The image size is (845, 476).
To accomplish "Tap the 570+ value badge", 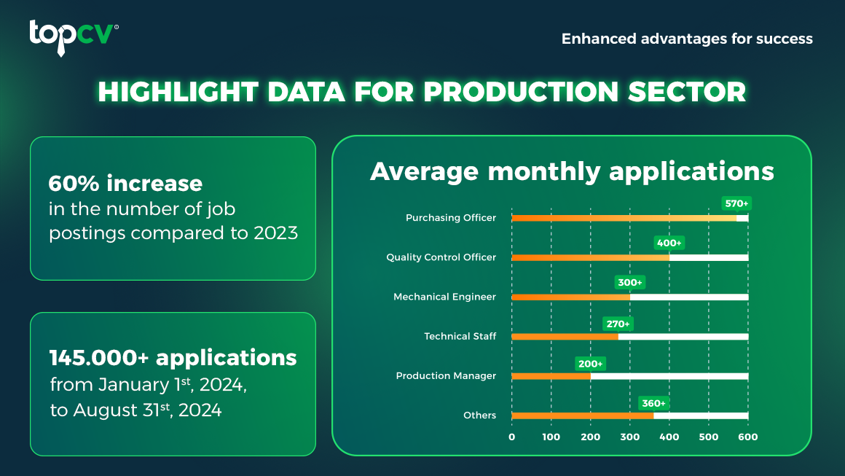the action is point(736,203).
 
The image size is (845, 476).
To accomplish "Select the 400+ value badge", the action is point(669,243).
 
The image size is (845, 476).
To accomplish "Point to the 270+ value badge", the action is point(618,324).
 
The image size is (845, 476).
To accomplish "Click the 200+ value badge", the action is point(591,364).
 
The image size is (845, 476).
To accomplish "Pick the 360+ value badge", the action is point(653,403).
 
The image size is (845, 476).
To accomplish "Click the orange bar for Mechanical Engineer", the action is point(570,297).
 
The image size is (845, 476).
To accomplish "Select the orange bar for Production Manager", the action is point(551,376).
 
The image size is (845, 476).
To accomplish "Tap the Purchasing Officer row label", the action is point(450,218).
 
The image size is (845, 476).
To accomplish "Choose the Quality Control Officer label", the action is point(441,257).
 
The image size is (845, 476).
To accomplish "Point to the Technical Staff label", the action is point(460,336).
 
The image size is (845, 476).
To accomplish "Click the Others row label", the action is point(479,415).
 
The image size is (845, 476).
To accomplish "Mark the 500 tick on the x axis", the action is point(709,437).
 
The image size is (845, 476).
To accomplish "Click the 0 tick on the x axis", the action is point(512,437).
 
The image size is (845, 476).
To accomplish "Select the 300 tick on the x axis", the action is point(630,437).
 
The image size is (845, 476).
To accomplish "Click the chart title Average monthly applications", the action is point(572,171).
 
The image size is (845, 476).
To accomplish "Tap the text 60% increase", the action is point(125,183).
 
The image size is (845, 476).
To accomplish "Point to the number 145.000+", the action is point(98,357).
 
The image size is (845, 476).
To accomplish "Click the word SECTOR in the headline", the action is point(687,92).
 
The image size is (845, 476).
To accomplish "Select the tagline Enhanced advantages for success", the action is point(687,39).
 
